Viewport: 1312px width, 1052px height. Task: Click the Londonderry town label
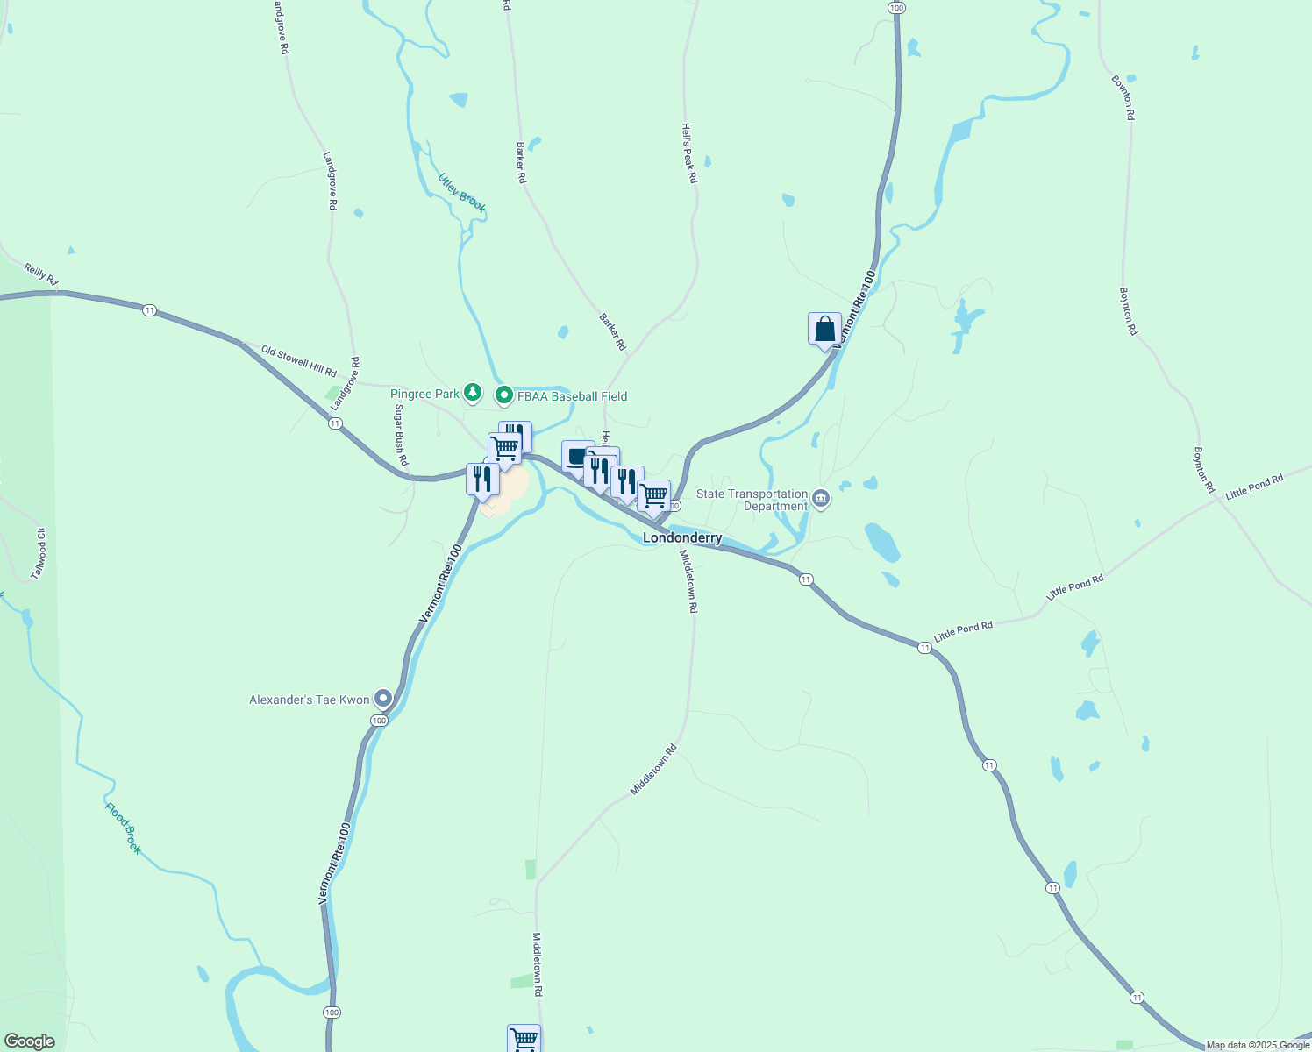tap(682, 537)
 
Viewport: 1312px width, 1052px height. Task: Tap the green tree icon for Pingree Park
tap(473, 393)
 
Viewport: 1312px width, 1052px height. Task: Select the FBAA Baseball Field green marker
tap(504, 396)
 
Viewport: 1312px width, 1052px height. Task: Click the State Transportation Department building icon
tap(821, 500)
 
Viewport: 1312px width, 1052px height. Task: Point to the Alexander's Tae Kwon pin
tap(383, 699)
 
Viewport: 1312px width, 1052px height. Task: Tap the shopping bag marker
tap(824, 330)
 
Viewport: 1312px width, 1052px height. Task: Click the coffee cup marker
tap(576, 456)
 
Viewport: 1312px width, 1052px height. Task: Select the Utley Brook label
tap(462, 193)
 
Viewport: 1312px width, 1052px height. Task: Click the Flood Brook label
tap(123, 828)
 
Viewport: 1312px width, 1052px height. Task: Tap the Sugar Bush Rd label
tap(401, 435)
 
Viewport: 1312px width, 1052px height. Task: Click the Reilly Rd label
tap(40, 274)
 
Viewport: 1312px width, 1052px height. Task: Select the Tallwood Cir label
tap(38, 553)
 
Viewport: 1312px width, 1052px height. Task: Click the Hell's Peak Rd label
tap(689, 152)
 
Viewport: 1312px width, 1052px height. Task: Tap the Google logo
tap(30, 1041)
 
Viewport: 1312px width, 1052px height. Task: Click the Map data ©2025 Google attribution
tap(1258, 1045)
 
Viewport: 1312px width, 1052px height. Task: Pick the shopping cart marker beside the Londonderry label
tap(654, 496)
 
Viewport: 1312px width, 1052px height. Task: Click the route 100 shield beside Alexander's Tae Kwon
tap(378, 721)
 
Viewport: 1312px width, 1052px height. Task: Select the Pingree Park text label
tap(424, 394)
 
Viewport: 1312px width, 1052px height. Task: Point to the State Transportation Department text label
tap(752, 500)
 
